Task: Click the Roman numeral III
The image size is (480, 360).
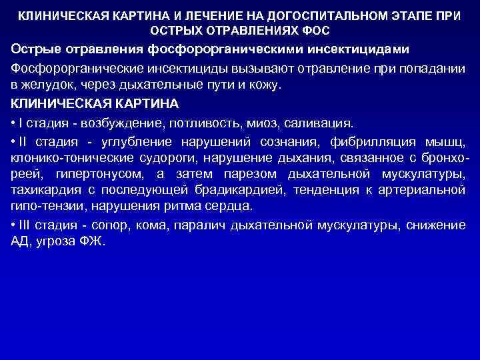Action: click(x=26, y=225)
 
